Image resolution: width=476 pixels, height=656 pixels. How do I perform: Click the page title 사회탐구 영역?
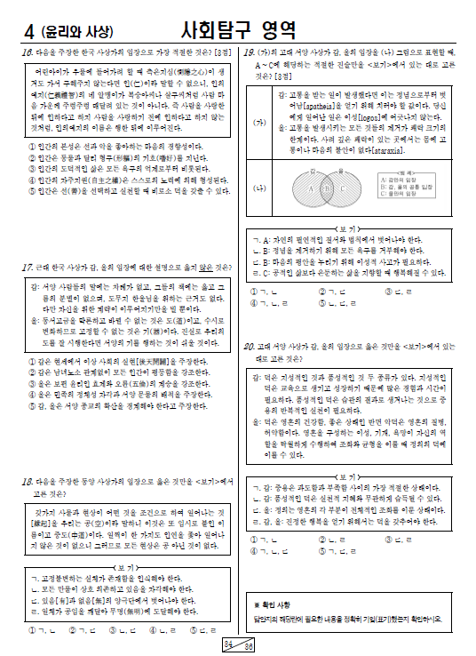[x=237, y=32]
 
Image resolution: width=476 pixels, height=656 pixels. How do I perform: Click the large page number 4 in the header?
[x=31, y=33]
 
